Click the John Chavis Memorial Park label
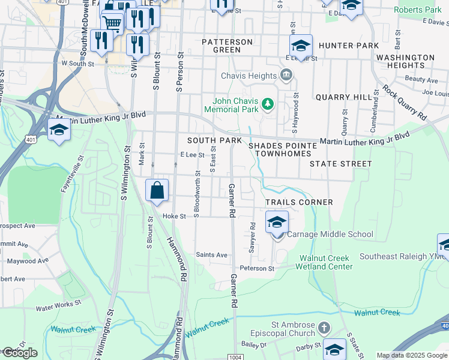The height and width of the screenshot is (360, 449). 231,105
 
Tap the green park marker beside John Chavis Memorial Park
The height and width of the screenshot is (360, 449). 268,106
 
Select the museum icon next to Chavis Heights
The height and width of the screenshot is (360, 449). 286,76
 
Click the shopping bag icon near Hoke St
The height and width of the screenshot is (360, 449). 157,191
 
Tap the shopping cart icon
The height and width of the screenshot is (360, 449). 113,23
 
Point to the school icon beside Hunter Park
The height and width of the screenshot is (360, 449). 301,46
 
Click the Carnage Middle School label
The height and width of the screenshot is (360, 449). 330,234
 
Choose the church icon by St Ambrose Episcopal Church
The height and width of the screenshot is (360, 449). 324,328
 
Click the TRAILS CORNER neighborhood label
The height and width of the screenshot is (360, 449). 299,202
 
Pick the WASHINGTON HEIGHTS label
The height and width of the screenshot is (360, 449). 405,61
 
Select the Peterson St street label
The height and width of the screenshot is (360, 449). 257,268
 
